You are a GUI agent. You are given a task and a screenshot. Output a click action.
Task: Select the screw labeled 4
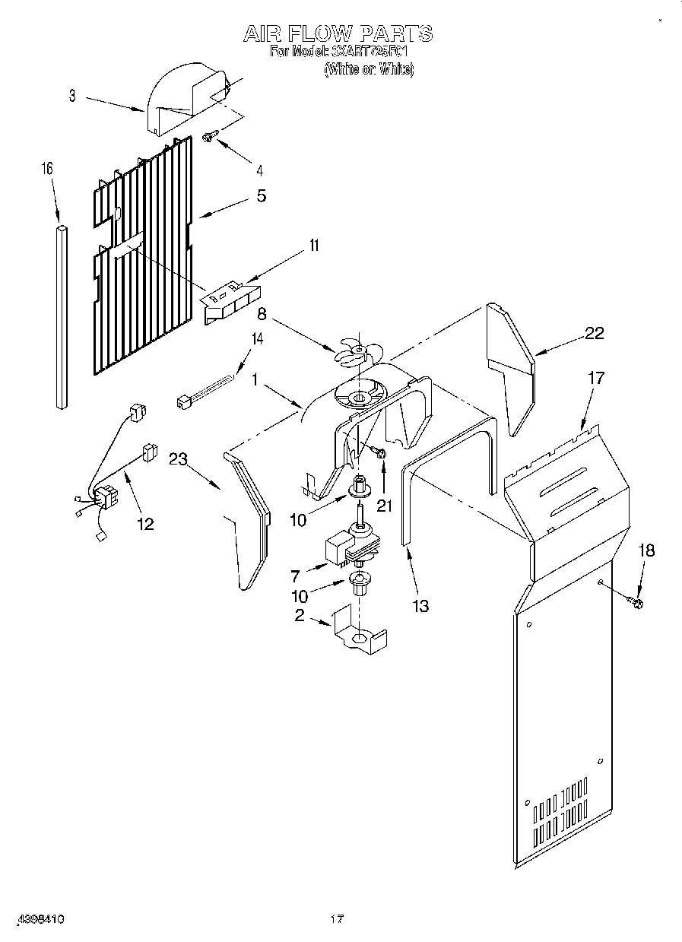pyautogui.click(x=210, y=136)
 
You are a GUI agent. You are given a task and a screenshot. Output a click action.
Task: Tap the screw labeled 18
pyautogui.click(x=636, y=604)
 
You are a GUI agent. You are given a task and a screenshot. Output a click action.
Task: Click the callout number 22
pyautogui.click(x=594, y=332)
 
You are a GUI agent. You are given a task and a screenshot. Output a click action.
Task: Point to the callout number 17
pyautogui.click(x=596, y=377)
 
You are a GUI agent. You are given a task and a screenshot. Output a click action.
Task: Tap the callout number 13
pyautogui.click(x=420, y=605)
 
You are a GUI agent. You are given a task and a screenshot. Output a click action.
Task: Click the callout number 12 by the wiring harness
pyautogui.click(x=144, y=523)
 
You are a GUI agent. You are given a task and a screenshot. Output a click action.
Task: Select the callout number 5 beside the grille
pyautogui.click(x=261, y=196)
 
